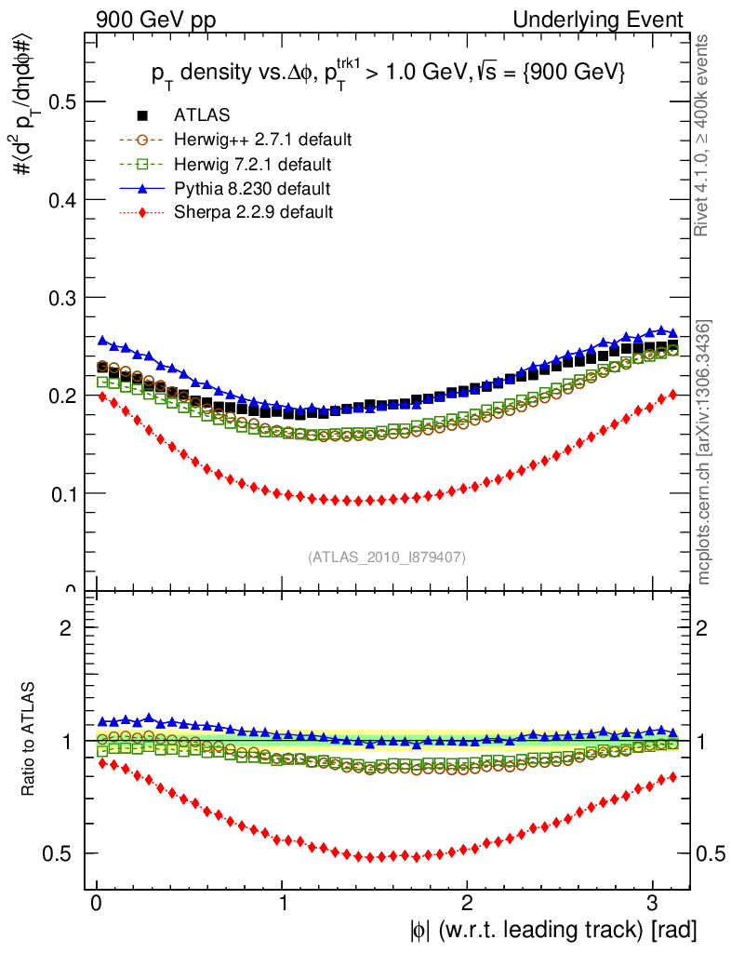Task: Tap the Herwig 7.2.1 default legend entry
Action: click(x=252, y=164)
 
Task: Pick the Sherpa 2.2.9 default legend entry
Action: click(x=253, y=212)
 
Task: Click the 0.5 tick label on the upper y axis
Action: click(x=61, y=101)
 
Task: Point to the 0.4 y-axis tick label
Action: click(x=61, y=199)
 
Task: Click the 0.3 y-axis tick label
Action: click(x=61, y=298)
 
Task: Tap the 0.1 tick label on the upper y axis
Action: click(x=61, y=493)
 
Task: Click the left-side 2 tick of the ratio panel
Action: click(x=66, y=627)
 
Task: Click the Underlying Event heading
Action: click(x=608, y=20)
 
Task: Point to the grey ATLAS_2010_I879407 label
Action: click(x=387, y=557)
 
